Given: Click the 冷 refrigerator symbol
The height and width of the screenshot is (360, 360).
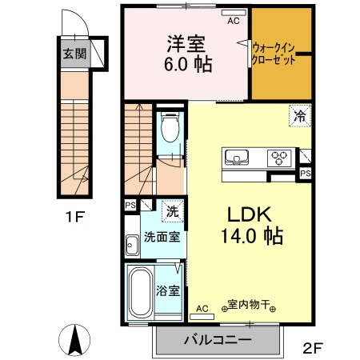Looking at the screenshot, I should pos(299,117).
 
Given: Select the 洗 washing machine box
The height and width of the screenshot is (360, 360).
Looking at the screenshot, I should pos(172,212).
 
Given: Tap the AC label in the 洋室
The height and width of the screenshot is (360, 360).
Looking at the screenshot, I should pos(233,22).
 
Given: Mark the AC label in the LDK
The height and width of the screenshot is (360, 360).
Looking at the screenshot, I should pos(202,308).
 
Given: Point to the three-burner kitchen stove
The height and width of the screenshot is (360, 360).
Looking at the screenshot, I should pos(281,157).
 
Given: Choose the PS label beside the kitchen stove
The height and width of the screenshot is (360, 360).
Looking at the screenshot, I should pos(305,172).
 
